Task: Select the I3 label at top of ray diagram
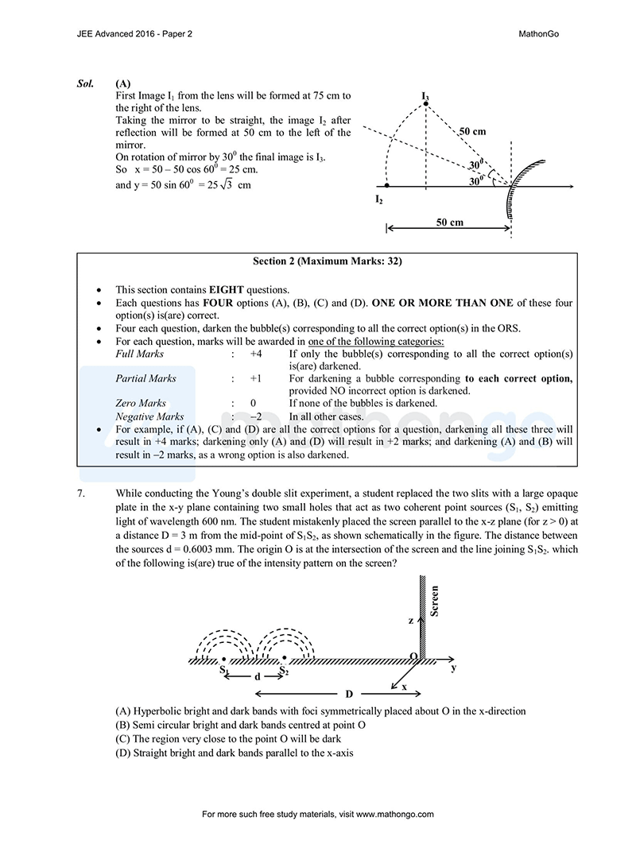[425, 97]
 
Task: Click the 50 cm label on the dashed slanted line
[472, 130]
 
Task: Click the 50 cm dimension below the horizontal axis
[449, 223]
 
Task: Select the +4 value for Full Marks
[256, 353]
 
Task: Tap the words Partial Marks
[145, 378]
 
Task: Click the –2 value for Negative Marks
[255, 416]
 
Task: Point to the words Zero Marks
[141, 404]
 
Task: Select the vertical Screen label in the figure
[434, 601]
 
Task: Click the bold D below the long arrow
[348, 694]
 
